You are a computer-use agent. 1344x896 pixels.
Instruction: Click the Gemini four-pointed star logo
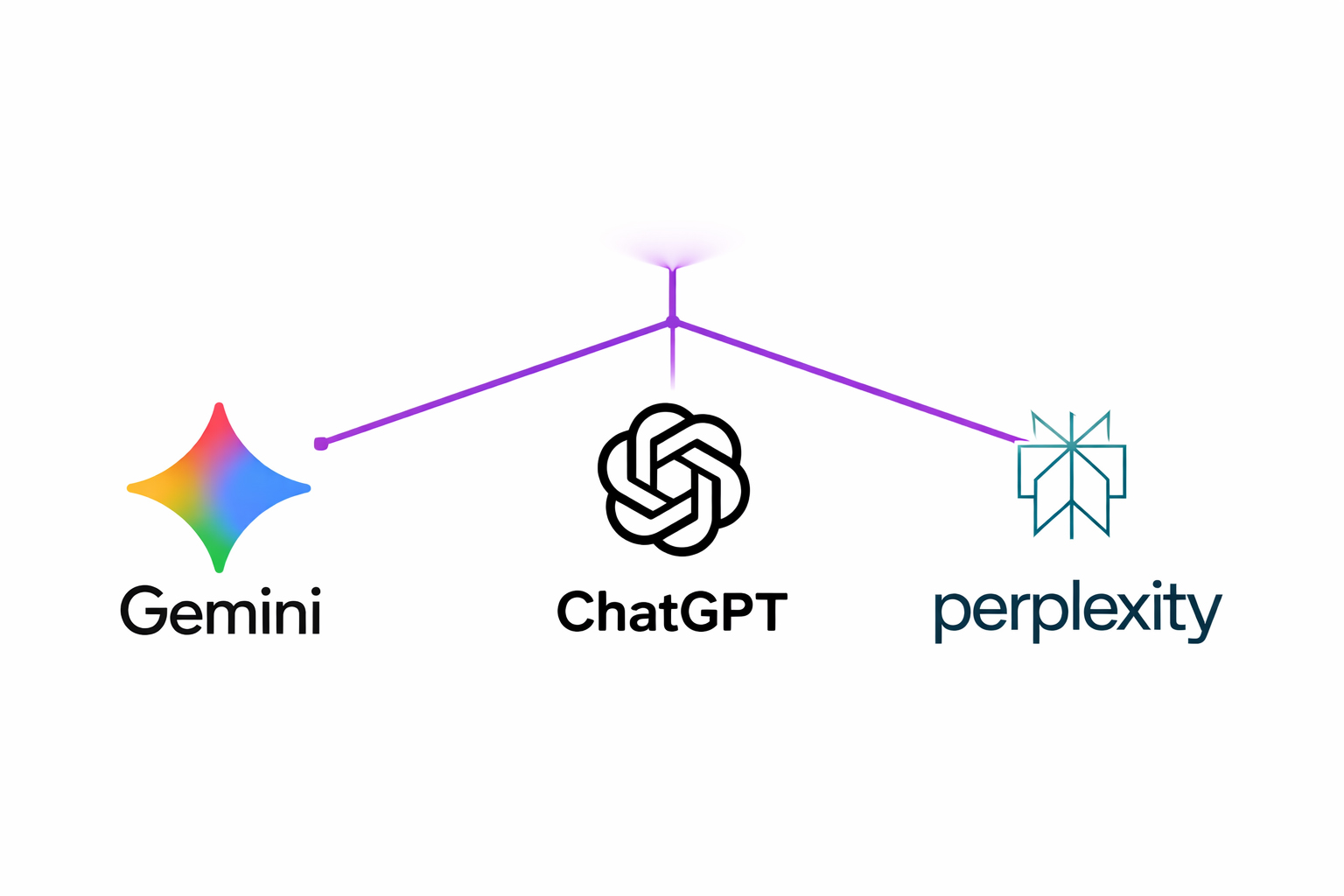tap(219, 487)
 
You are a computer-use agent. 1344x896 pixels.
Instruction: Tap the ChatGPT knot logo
tap(673, 479)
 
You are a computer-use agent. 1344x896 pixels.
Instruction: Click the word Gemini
tap(220, 610)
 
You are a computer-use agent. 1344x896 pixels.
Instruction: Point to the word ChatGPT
tap(672, 611)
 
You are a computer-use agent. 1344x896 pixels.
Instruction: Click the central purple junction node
tap(672, 323)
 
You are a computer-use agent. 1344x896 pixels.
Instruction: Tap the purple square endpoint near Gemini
tap(320, 444)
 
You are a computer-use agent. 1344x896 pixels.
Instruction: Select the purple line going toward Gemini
tap(494, 382)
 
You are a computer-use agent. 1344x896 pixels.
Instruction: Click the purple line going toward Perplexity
tap(849, 381)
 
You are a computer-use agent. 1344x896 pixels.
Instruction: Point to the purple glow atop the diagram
tap(672, 248)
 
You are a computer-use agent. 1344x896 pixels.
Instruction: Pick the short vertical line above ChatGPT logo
tap(672, 359)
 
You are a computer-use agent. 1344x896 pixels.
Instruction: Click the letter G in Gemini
tap(143, 610)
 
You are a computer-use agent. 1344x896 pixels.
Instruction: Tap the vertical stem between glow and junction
tap(672, 293)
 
